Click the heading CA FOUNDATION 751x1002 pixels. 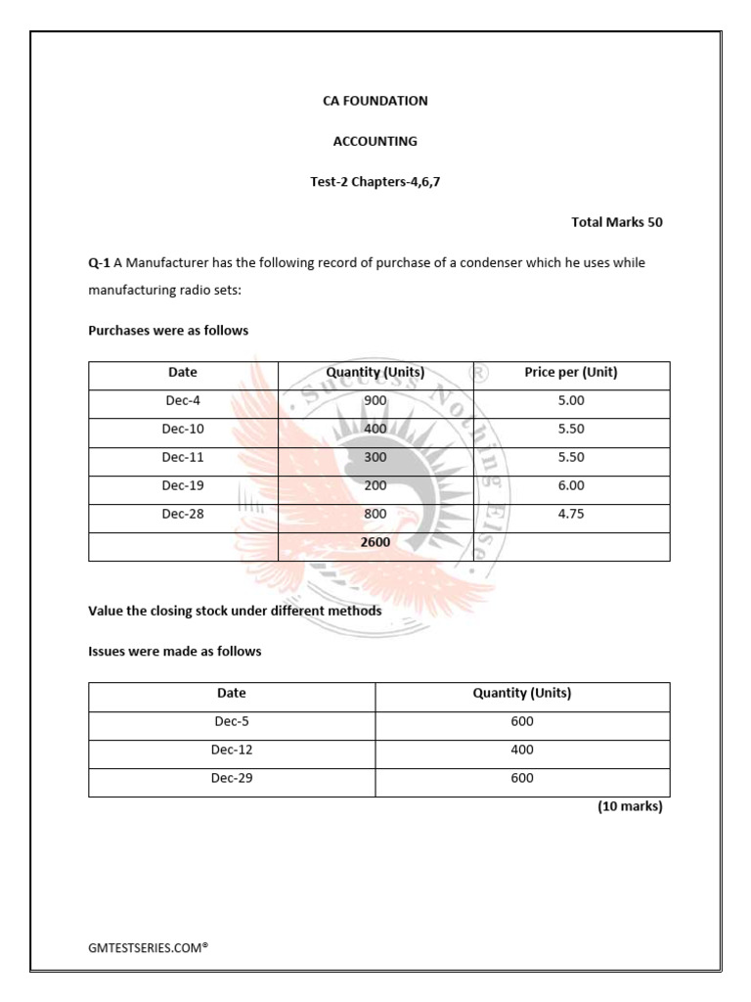[375, 101]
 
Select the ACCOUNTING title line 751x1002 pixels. [375, 141]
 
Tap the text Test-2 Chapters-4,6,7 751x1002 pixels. [375, 182]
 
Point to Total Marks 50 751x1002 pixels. [616, 222]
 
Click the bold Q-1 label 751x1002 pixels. [99, 263]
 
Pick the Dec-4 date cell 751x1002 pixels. [183, 400]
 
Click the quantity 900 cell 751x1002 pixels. [375, 400]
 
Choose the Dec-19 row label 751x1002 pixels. [183, 485]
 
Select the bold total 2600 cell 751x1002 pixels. [375, 541]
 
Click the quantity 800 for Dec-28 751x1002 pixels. [375, 514]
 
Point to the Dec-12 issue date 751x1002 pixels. [232, 750]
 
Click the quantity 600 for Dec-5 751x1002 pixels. [522, 721]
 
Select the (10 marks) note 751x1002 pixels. [630, 807]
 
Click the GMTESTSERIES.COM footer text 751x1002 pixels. [149, 948]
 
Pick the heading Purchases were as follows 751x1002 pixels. [168, 331]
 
